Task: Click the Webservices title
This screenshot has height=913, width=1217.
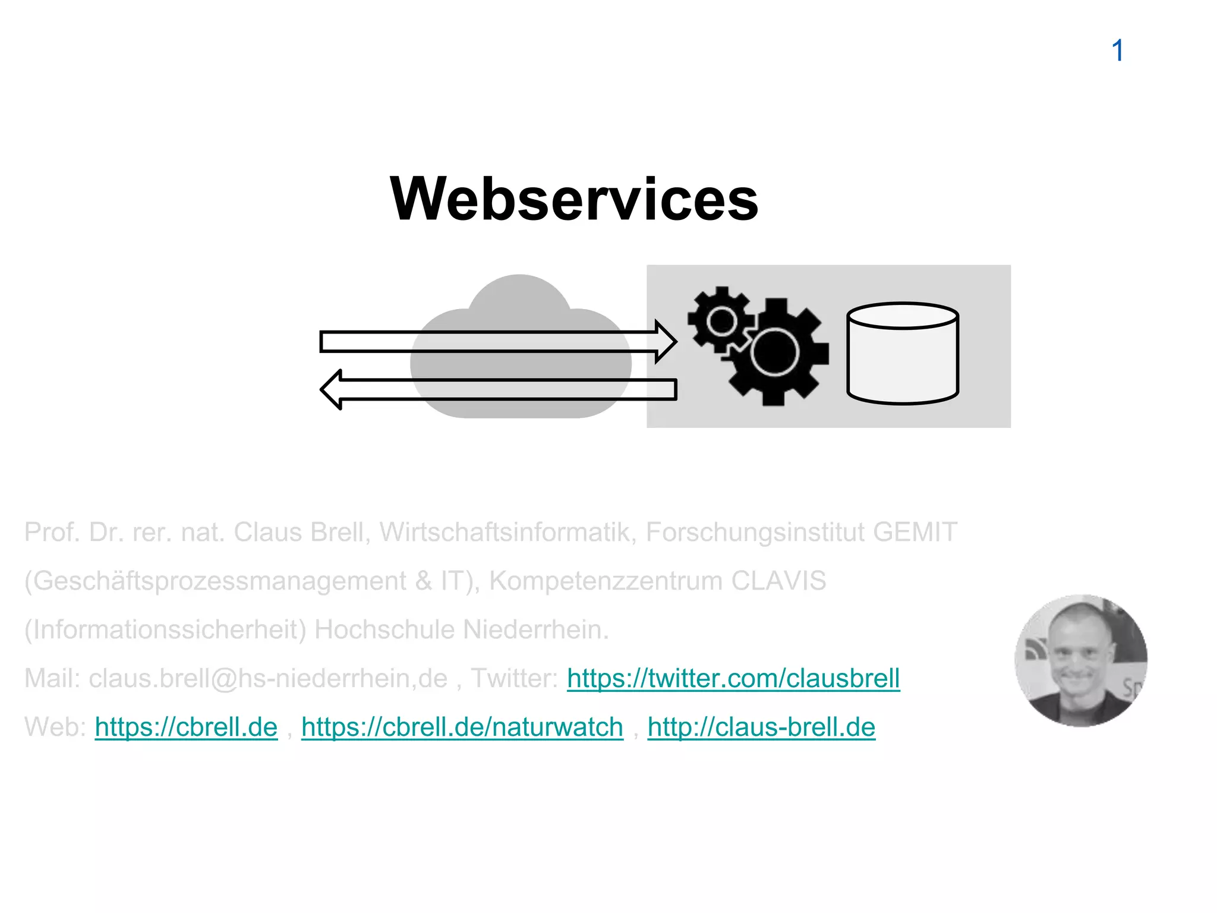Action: pyautogui.click(x=573, y=199)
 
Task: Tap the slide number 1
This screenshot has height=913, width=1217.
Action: pyautogui.click(x=1117, y=51)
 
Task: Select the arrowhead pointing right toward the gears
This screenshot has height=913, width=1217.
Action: pyautogui.click(x=666, y=342)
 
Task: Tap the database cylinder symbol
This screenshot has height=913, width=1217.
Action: pyautogui.click(x=902, y=354)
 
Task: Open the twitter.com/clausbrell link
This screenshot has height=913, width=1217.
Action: pyautogui.click(x=733, y=678)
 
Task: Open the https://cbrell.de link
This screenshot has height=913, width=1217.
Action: pyautogui.click(x=186, y=727)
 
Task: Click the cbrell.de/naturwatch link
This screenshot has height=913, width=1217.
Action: pyautogui.click(x=462, y=727)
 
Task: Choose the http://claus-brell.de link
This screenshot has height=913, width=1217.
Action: pyautogui.click(x=761, y=727)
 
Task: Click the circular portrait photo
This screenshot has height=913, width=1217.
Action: pyautogui.click(x=1081, y=660)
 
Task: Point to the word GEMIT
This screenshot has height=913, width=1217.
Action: pyautogui.click(x=915, y=532)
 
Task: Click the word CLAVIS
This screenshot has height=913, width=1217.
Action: pyautogui.click(x=778, y=581)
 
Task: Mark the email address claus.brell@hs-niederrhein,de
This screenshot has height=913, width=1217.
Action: pyautogui.click(x=268, y=678)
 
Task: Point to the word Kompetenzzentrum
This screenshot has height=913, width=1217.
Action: pyautogui.click(x=606, y=581)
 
